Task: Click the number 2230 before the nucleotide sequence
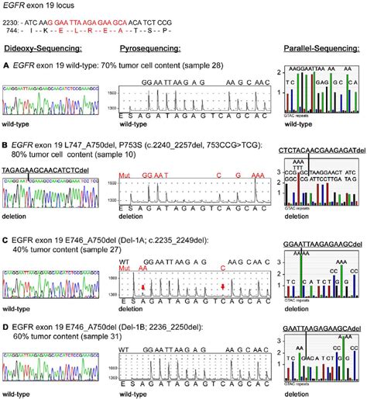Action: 12,23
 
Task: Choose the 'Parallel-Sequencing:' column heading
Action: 314,49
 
